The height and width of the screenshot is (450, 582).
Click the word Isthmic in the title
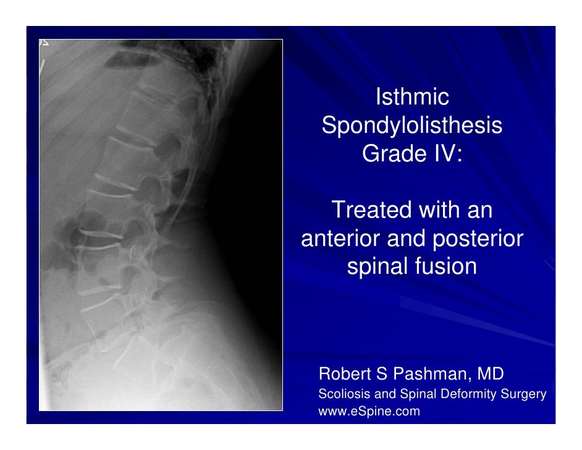tap(411, 98)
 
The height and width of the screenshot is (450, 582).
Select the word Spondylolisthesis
tap(412, 126)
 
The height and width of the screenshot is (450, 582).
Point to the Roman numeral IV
tap(445, 154)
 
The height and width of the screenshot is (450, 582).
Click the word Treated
tap(373, 211)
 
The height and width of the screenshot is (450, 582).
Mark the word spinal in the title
tap(377, 267)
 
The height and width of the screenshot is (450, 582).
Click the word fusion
tap(446, 267)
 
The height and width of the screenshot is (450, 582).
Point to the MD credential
tap(491, 374)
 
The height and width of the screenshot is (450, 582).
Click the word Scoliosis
tap(340, 394)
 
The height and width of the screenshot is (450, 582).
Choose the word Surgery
tap(526, 394)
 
